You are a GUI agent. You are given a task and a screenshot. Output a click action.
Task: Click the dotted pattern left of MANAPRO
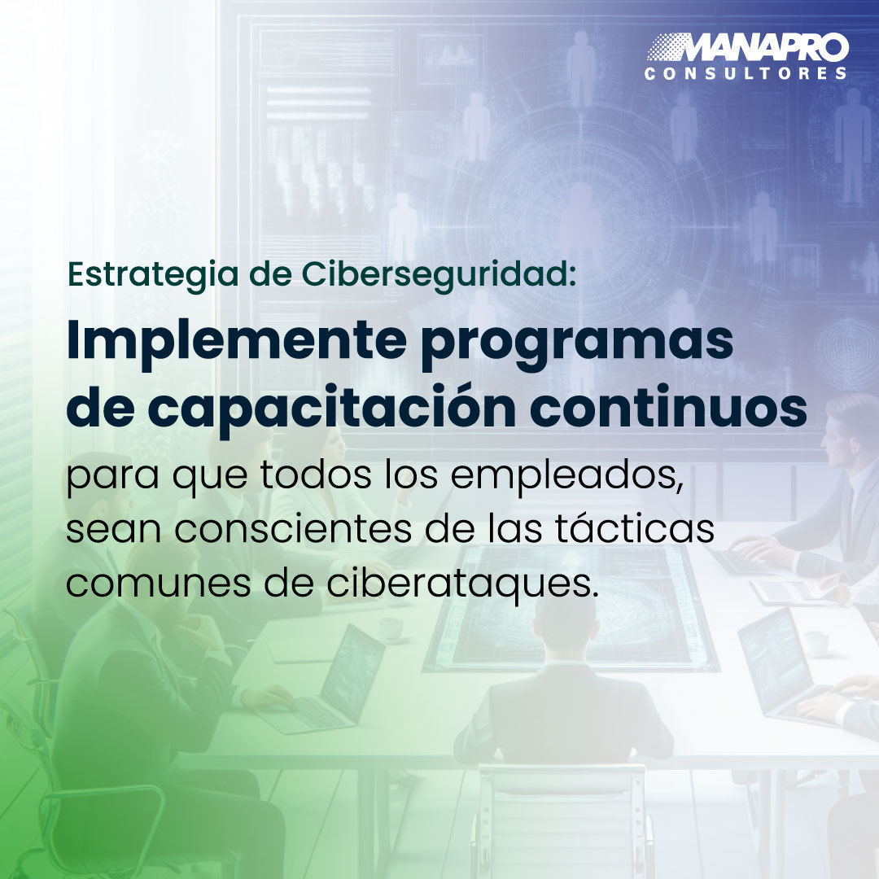tap(666, 47)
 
